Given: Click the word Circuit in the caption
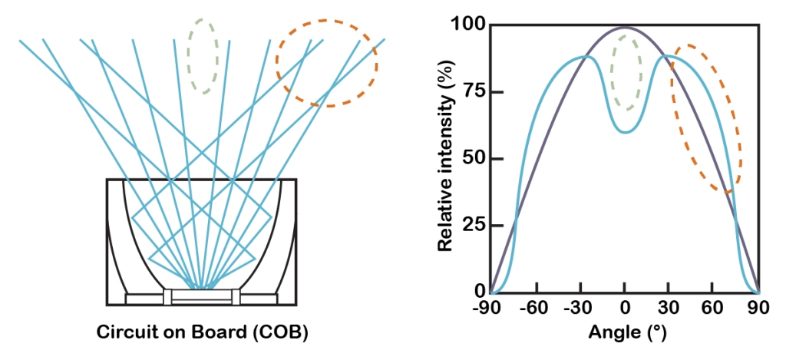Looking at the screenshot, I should (x=126, y=334).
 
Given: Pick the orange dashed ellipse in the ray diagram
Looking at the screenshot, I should (x=327, y=63).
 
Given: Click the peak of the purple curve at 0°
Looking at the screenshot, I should (x=625, y=28).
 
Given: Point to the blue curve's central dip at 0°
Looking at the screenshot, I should (x=626, y=131).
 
